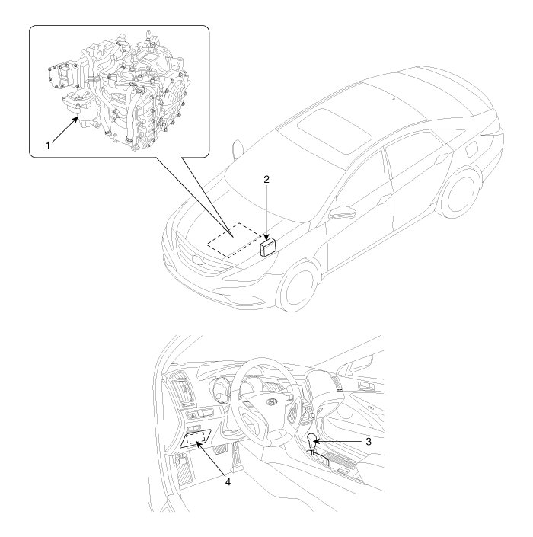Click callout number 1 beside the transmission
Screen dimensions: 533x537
pyautogui.click(x=48, y=145)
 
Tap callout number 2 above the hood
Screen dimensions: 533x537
pyautogui.click(x=266, y=179)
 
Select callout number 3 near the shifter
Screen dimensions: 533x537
pyautogui.click(x=369, y=442)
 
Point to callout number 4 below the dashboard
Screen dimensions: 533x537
pyautogui.click(x=228, y=481)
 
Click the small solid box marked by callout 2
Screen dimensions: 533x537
pyautogui.click(x=268, y=248)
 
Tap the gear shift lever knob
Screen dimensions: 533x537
pyautogui.click(x=312, y=440)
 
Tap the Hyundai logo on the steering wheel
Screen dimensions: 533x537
pyautogui.click(x=271, y=402)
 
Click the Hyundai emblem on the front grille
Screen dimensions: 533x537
pyautogui.click(x=198, y=260)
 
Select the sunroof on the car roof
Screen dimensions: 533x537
pyautogui.click(x=334, y=130)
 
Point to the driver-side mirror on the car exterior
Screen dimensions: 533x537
pyautogui.click(x=339, y=212)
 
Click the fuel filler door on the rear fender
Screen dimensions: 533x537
pyautogui.click(x=475, y=150)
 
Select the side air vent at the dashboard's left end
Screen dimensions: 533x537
pyautogui.click(x=184, y=390)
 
